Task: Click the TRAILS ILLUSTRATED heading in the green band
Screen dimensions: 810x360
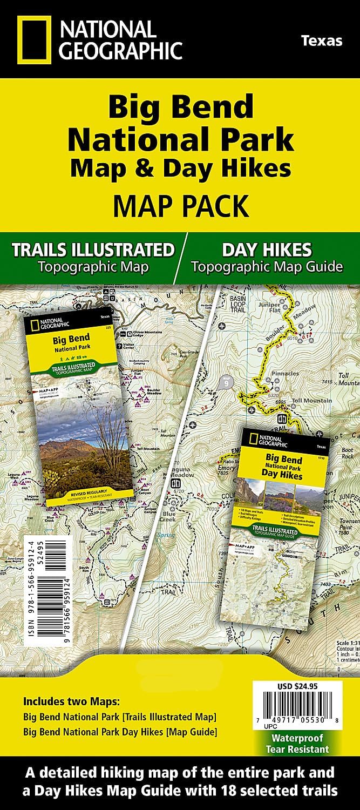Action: pyautogui.click(x=93, y=250)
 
